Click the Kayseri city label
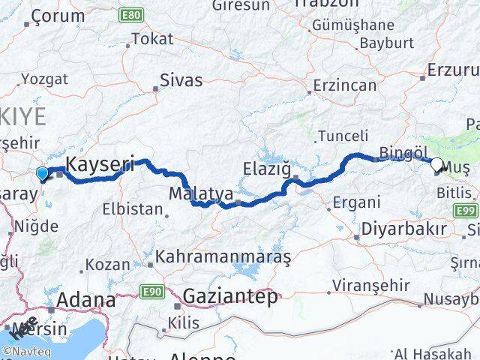click(100, 163)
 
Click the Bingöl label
click(403, 153)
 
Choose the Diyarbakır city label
click(403, 228)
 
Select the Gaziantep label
click(230, 294)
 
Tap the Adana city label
click(88, 301)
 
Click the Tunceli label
click(343, 136)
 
